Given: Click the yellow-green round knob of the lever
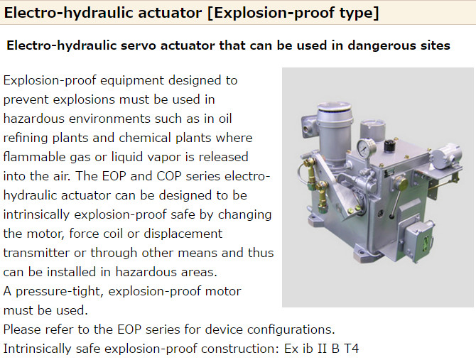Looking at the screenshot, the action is (x=401, y=184).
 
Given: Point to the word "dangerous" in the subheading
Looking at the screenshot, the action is (x=382, y=45).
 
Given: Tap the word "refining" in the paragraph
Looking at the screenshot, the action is (x=26, y=138).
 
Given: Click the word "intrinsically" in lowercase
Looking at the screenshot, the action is (x=37, y=214).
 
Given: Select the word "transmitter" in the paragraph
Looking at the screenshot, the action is (x=36, y=253).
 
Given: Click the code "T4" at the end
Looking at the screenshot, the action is (x=351, y=349).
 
